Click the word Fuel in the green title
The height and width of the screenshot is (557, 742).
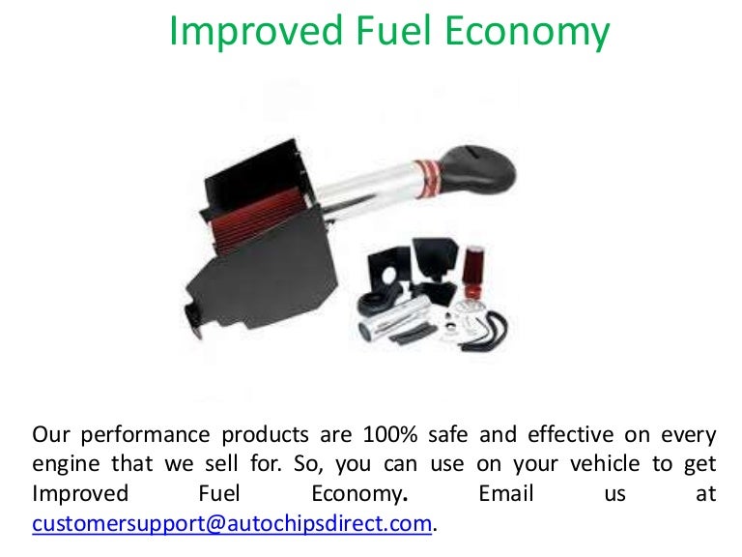[393, 30]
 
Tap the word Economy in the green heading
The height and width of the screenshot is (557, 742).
[528, 33]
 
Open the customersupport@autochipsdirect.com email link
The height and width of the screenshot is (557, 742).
[232, 524]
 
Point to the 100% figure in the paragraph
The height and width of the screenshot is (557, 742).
[390, 435]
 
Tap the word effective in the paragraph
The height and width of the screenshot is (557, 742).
[571, 434]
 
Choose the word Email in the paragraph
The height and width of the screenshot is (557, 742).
[506, 493]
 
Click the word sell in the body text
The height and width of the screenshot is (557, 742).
[221, 464]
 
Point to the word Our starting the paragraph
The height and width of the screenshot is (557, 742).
[50, 435]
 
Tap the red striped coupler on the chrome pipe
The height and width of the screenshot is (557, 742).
[426, 179]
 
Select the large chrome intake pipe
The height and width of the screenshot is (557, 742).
[367, 190]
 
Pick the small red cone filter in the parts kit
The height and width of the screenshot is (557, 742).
[473, 271]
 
